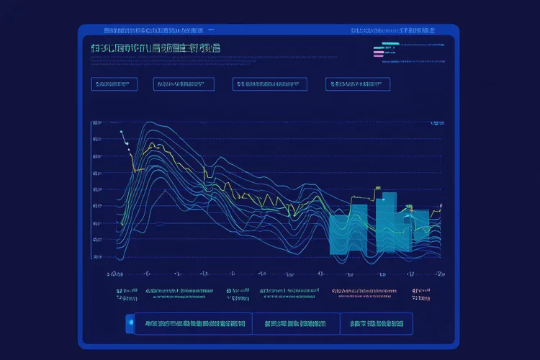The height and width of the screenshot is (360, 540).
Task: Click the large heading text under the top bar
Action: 156,48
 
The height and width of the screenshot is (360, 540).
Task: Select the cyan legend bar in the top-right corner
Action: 390,44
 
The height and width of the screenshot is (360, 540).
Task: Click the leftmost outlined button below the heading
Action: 114,84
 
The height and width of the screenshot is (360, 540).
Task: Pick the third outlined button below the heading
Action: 270,84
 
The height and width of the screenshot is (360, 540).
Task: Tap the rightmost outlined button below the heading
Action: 357,84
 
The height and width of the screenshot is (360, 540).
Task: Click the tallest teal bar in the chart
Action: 386,216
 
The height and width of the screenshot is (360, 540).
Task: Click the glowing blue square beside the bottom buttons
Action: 130,324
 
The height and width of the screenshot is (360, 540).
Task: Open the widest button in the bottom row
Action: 193,324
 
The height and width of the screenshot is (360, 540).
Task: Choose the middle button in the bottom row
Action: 295,324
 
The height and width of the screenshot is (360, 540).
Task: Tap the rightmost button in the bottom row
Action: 376,324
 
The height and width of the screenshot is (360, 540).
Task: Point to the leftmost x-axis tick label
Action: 114,274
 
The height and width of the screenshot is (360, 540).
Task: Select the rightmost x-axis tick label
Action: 439,274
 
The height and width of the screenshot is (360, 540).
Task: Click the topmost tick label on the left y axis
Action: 96,124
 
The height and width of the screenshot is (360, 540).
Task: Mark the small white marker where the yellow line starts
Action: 123,133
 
